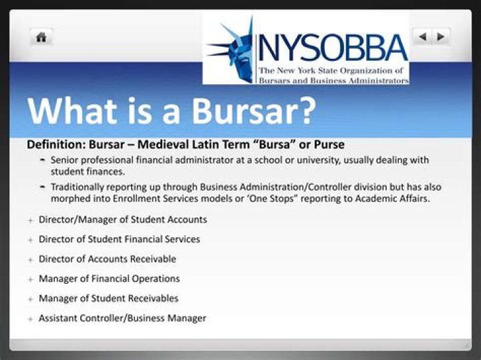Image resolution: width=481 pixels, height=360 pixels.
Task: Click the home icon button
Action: (x=41, y=37)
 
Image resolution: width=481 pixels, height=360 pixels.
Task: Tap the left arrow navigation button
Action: (x=422, y=37)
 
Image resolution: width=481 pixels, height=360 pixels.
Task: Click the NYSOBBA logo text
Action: (x=332, y=47)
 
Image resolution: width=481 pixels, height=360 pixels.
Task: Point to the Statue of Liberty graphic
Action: (x=230, y=50)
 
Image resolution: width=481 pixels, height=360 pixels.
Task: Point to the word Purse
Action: (x=329, y=145)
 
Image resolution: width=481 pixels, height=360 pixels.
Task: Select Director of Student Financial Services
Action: (x=119, y=239)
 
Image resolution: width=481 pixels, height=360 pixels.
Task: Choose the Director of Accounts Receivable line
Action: (x=108, y=258)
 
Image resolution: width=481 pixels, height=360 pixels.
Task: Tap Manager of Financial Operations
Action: (x=109, y=279)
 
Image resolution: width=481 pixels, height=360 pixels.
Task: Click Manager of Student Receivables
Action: (x=108, y=299)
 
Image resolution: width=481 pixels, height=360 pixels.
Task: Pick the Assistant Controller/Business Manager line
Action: (x=122, y=319)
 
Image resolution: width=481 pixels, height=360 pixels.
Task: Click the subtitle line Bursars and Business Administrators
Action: (x=332, y=80)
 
